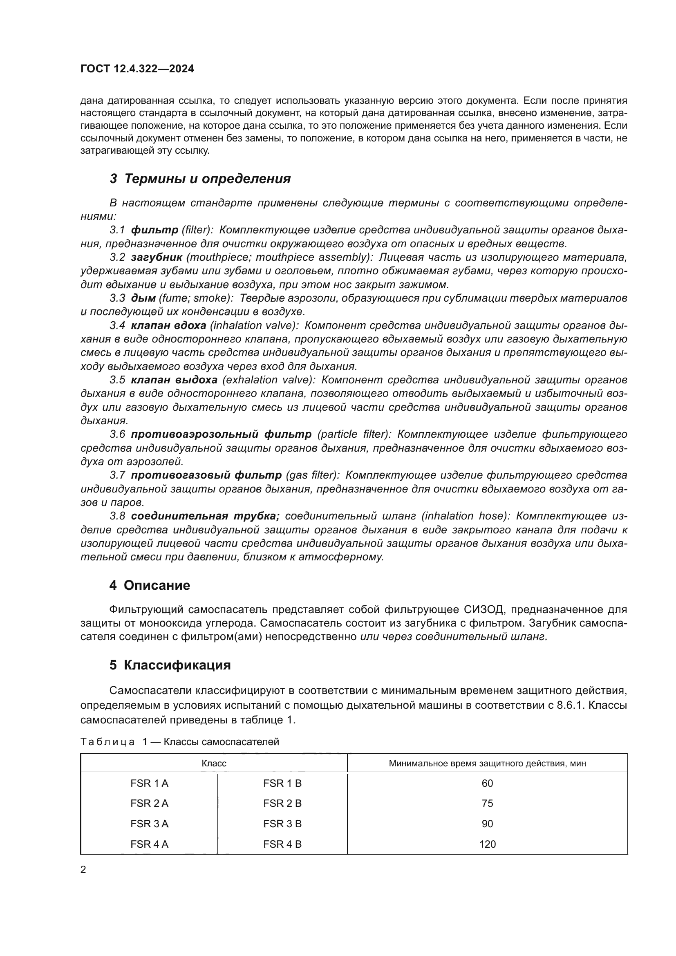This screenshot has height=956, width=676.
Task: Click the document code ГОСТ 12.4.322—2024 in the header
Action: [x=137, y=69]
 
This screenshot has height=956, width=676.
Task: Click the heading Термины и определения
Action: [x=207, y=179]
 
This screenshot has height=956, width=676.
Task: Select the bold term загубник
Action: [x=156, y=257]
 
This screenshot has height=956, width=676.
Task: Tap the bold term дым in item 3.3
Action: [x=143, y=298]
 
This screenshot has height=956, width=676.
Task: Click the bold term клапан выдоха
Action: [x=174, y=380]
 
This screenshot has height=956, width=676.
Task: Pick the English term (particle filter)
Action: [x=354, y=434]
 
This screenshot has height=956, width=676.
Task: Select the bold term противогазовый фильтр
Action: [x=206, y=475]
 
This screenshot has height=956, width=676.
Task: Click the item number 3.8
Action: [x=117, y=516]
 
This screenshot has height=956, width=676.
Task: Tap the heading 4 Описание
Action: [x=150, y=585]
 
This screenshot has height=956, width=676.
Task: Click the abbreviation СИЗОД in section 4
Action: [x=484, y=609]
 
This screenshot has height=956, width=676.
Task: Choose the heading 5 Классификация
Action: [x=170, y=665]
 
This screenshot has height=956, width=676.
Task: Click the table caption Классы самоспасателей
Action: [x=221, y=741]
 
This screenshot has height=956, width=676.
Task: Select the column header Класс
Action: [x=213, y=763]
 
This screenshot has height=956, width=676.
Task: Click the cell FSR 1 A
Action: [x=149, y=784]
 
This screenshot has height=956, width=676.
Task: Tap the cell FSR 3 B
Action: [x=282, y=824]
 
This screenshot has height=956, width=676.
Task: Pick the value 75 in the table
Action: [x=487, y=804]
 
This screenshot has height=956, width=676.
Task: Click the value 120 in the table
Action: [x=487, y=844]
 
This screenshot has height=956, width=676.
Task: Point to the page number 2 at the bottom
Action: [x=83, y=869]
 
